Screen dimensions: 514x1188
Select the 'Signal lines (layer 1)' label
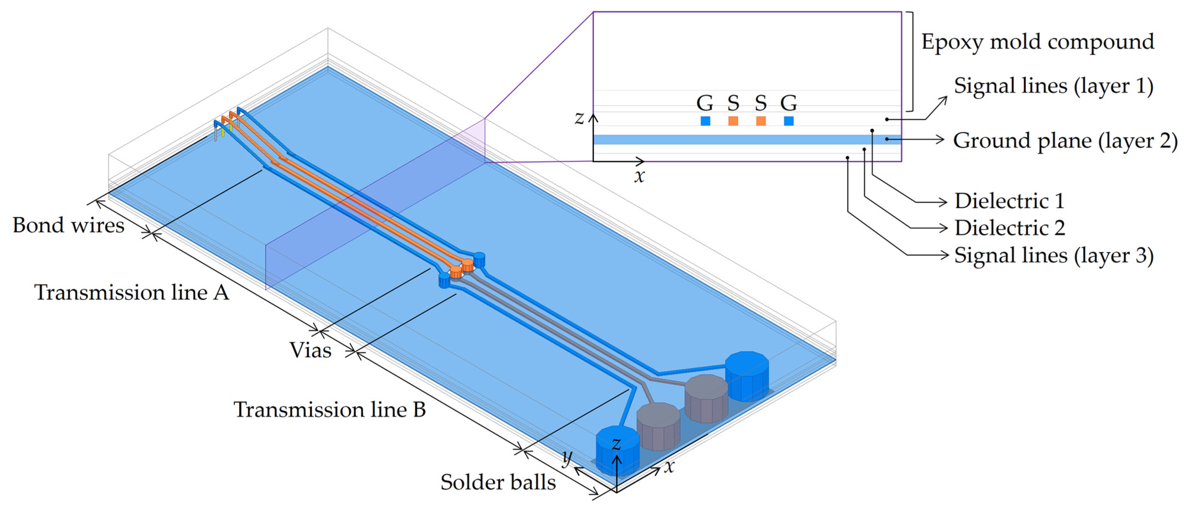pos(1053,86)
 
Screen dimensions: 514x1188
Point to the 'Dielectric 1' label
pos(1009,201)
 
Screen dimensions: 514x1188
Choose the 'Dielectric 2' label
pos(1009,228)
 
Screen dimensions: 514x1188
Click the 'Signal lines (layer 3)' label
pos(1053,255)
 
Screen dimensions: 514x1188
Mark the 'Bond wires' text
pos(68,225)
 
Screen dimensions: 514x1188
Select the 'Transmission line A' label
pos(131,292)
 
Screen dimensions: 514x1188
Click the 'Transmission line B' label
pos(329,409)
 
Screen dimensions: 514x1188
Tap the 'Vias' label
pos(310,350)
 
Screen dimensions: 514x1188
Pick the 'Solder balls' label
pos(498,482)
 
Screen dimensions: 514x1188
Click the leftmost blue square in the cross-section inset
pos(705,121)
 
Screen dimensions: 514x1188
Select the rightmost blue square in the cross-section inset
pos(789,121)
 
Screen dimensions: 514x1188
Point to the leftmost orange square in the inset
pos(733,121)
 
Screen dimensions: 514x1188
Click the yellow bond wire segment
pos(223,132)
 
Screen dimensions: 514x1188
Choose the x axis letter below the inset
pos(639,176)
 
